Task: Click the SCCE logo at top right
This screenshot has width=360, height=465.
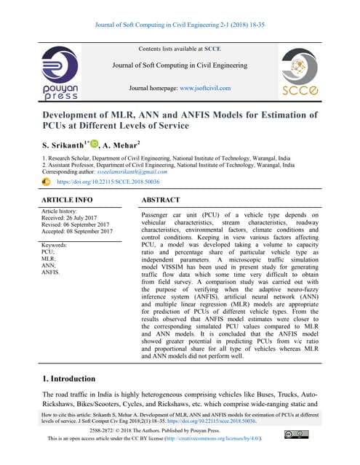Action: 298,73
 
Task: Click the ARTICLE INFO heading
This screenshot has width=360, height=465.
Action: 67,198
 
